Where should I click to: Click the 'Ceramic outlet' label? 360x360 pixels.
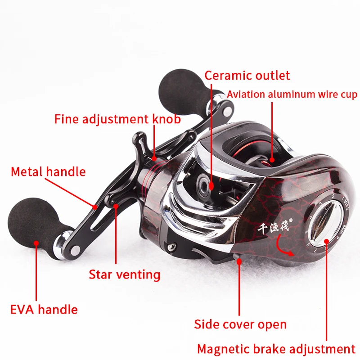247,75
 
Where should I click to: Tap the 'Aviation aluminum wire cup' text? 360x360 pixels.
292,94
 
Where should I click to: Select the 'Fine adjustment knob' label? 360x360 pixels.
117,119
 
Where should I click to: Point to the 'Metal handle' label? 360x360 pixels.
48,171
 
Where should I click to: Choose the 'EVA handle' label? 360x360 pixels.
44,310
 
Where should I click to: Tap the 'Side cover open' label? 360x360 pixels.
240,324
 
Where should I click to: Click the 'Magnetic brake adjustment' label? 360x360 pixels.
276,349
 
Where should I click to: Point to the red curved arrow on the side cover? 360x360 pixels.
285,249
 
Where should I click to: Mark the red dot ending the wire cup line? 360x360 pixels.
272,159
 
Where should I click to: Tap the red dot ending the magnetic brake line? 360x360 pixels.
325,240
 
